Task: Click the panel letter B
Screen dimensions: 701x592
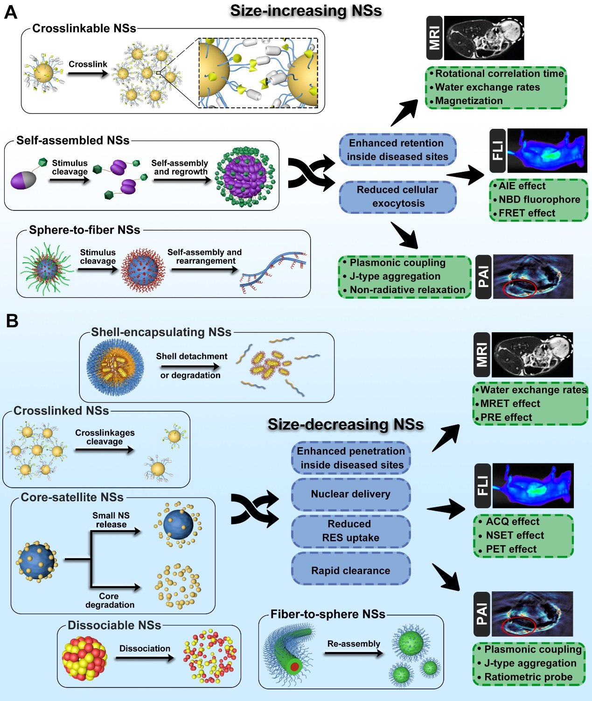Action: click(12, 321)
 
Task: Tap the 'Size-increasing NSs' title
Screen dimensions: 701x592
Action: click(306, 11)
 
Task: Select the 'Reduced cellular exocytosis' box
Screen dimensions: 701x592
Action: click(397, 196)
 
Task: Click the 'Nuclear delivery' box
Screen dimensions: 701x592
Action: click(351, 494)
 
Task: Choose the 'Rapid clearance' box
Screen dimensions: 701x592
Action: click(351, 570)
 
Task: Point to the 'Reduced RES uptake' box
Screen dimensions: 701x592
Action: click(351, 531)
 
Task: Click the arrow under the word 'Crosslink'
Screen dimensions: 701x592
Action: click(88, 73)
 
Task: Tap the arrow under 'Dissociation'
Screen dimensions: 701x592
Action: click(145, 658)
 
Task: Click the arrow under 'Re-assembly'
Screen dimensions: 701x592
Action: click(354, 653)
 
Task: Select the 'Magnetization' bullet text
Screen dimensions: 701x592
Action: click(469, 101)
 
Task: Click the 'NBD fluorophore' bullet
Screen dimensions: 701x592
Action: click(539, 199)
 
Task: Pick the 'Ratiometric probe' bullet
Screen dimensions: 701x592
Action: click(528, 677)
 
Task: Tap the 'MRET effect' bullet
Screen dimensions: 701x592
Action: click(510, 403)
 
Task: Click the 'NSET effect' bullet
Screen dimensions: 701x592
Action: click(515, 535)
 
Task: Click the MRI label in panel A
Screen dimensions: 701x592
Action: click(434, 38)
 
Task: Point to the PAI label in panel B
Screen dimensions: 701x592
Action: click(482, 614)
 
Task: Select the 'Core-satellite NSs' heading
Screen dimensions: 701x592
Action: click(72, 497)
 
